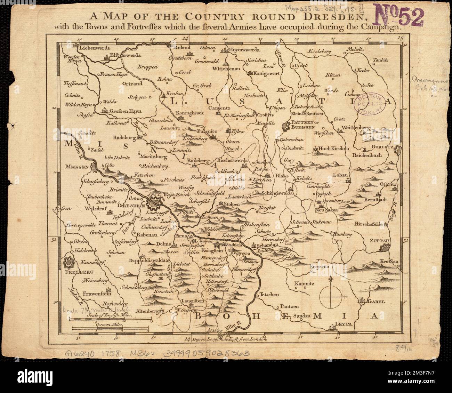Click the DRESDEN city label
130,206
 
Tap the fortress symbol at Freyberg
70,261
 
